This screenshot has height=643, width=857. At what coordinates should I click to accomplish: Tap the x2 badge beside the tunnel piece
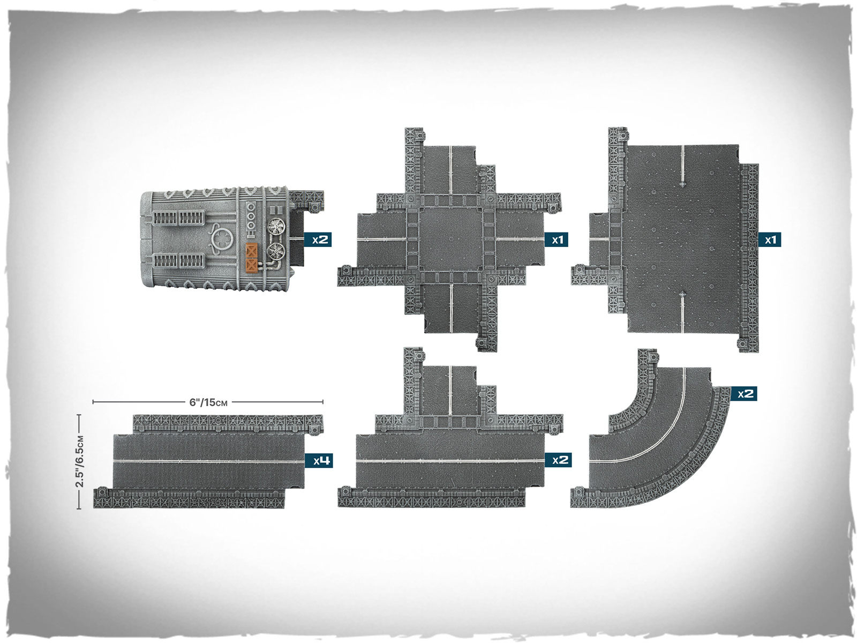click(318, 240)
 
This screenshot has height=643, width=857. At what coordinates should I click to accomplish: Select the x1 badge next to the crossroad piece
click(557, 240)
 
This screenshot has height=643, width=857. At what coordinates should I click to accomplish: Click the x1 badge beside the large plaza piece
click(770, 240)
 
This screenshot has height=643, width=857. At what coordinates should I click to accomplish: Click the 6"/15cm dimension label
click(208, 402)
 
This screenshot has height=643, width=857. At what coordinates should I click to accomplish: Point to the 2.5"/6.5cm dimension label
click(80, 461)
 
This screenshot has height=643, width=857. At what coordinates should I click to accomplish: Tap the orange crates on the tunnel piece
click(252, 258)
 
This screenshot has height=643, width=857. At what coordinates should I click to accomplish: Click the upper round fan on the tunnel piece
click(277, 227)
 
